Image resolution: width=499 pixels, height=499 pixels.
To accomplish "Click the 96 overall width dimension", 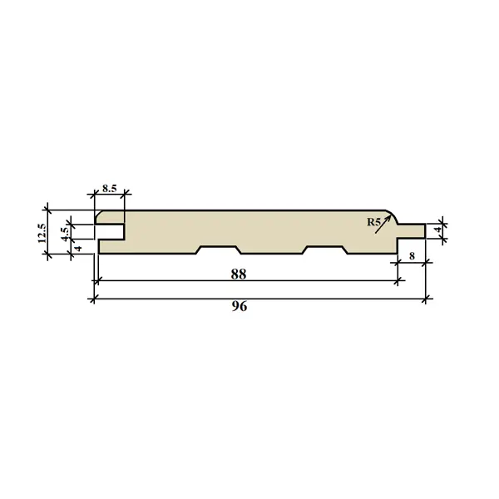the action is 239,306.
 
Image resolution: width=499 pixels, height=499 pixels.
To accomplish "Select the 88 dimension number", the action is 239,274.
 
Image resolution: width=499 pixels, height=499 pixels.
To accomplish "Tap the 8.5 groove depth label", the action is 110,189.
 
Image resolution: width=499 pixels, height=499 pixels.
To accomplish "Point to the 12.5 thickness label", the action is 42,233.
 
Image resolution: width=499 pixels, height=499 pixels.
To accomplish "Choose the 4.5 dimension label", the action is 65,234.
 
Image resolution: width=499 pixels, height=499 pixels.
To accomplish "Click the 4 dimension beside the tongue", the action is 439,230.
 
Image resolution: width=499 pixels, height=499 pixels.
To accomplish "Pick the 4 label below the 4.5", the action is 78,248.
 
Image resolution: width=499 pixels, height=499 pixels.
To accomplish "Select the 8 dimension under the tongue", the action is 412,256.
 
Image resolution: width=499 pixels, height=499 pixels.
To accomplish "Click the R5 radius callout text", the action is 373,222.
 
